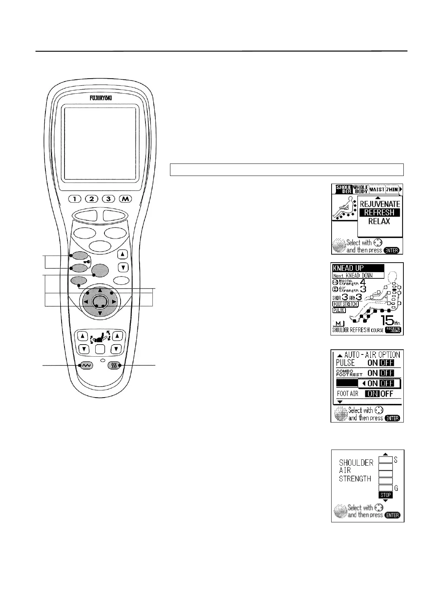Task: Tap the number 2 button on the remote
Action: coord(92,199)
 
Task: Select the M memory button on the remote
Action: coord(125,199)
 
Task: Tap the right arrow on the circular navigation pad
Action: coord(114,302)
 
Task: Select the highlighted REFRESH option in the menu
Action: coord(379,213)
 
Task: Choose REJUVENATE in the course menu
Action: coord(379,204)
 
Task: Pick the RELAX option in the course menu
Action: coord(379,221)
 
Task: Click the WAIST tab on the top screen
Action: coord(377,189)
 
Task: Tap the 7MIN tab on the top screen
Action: coord(392,189)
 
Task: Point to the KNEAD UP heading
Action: coord(348,268)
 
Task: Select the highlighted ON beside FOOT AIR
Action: coord(372,394)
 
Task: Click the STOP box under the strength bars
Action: coord(385,495)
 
